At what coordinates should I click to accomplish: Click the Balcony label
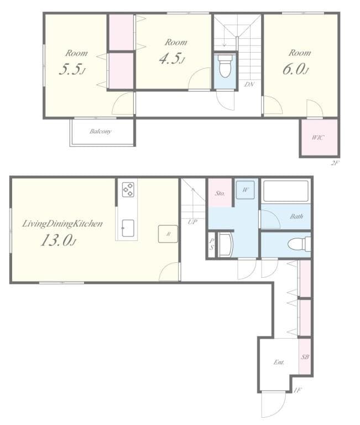coord(101,131)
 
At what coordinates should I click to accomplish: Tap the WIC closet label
coord(317,137)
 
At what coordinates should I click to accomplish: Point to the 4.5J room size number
coord(171,59)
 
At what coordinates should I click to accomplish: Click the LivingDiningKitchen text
coord(62,224)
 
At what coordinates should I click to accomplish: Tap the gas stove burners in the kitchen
coord(128,189)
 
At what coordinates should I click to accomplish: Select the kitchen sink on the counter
coord(128,227)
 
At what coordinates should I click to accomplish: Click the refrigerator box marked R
coord(168,234)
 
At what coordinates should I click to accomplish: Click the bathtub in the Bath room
coord(285,191)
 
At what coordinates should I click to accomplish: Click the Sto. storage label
coord(219,194)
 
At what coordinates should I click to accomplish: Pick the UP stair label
coord(192,222)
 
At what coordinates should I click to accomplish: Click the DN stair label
coord(249,85)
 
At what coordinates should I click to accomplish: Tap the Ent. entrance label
coord(279,362)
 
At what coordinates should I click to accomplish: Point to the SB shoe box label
coord(305,357)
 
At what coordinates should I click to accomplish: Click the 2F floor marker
coord(335,163)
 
